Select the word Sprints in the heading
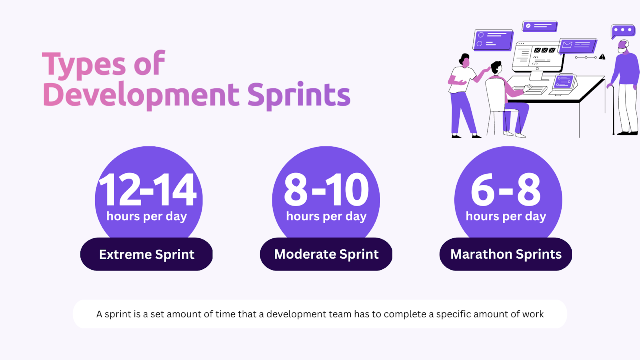(x=298, y=95)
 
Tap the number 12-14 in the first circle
(x=148, y=190)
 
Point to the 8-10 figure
(x=326, y=190)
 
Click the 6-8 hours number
(x=506, y=190)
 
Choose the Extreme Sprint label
(x=146, y=254)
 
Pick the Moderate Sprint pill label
(x=326, y=254)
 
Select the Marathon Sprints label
(x=506, y=254)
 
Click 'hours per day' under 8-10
(x=326, y=216)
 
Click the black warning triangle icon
(x=602, y=57)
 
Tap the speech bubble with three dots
(x=622, y=30)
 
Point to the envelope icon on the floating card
(x=567, y=45)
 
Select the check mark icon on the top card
(x=528, y=26)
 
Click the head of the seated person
(x=496, y=68)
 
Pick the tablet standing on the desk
(x=564, y=82)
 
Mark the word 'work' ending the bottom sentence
(x=533, y=314)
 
